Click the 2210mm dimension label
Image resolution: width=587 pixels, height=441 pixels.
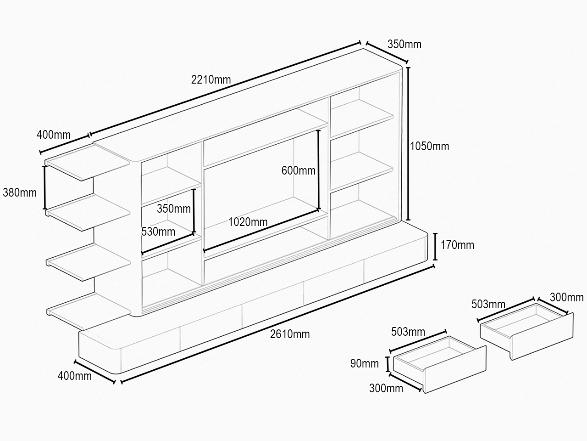click(x=211, y=79)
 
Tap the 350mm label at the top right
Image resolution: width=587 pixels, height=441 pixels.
click(x=404, y=44)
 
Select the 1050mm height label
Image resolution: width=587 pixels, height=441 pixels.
click(x=430, y=146)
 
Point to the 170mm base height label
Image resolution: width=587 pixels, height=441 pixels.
click(x=457, y=245)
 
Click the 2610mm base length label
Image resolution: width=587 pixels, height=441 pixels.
click(x=290, y=334)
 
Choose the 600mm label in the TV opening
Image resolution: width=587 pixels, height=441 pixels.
click(x=299, y=170)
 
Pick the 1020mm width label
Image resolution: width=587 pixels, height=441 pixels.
click(x=248, y=222)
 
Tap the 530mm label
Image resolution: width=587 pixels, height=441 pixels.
click(x=158, y=232)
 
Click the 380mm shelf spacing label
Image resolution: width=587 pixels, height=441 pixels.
click(x=20, y=193)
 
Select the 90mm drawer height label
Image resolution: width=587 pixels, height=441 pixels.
click(x=365, y=363)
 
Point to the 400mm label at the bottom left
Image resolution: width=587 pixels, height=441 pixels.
click(x=75, y=376)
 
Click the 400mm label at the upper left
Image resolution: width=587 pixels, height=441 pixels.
click(x=54, y=135)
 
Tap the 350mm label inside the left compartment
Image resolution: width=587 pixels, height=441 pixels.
click(x=174, y=209)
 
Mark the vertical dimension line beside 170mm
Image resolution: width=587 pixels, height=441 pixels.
click(x=435, y=247)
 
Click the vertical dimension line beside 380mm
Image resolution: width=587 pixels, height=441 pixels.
click(x=44, y=187)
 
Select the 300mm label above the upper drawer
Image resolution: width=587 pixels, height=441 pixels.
click(x=567, y=298)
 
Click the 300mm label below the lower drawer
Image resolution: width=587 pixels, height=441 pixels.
click(x=386, y=388)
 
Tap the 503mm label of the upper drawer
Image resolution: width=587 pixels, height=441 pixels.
click(x=488, y=304)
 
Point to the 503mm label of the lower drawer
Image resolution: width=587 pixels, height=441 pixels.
click(x=408, y=332)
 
